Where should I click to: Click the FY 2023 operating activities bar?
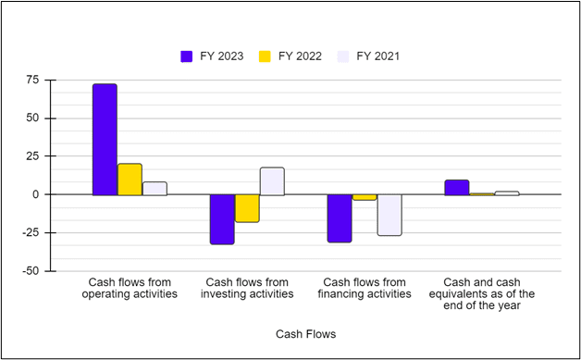point(105,140)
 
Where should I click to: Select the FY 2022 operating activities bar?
point(130,180)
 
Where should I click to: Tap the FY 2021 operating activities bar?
point(155,189)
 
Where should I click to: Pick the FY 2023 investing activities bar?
point(222,219)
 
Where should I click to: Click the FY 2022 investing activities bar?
point(247,208)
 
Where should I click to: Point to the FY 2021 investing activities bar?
point(272,181)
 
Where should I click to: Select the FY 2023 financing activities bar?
point(340,218)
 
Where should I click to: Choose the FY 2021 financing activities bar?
point(389,215)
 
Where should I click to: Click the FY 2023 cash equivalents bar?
point(457,188)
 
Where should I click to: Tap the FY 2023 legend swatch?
point(186,56)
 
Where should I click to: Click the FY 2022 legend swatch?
point(265,56)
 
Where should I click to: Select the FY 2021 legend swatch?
point(343,56)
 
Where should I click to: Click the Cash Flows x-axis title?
point(306,333)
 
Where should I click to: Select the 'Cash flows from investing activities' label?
point(247,288)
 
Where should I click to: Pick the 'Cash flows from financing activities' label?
point(365,288)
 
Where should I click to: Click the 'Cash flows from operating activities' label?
point(130,288)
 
